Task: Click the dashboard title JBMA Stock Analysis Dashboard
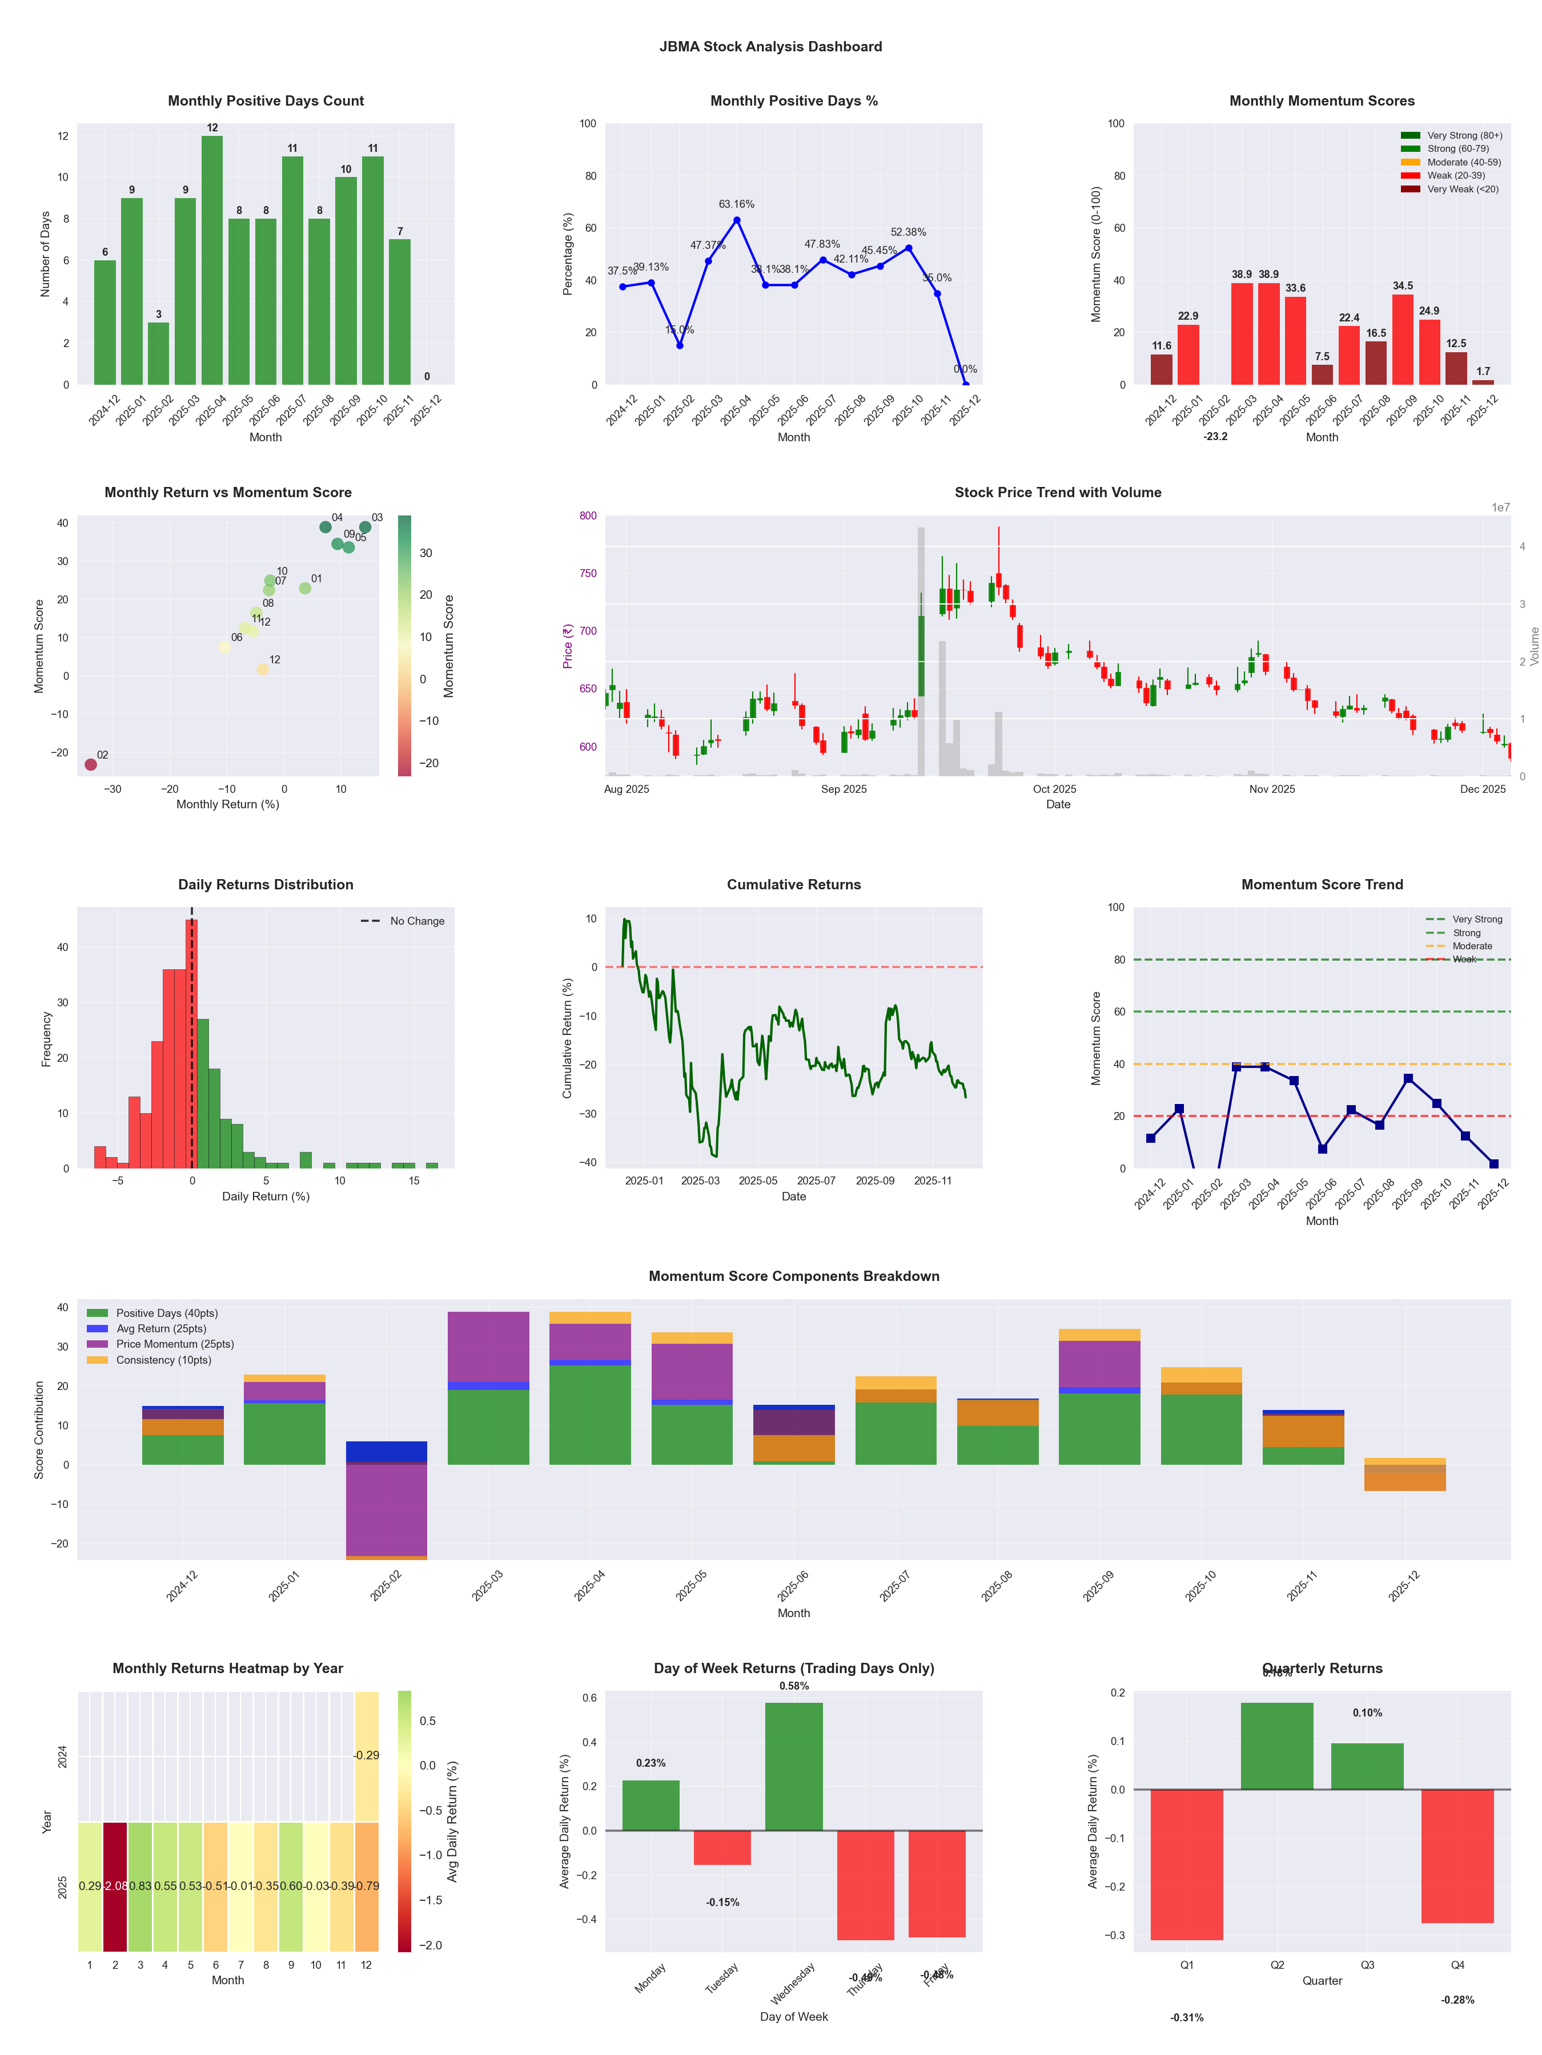pyautogui.click(x=770, y=46)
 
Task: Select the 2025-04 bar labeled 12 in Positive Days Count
pyautogui.click(x=212, y=260)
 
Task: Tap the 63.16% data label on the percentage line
pyautogui.click(x=736, y=204)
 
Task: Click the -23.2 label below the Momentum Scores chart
pyautogui.click(x=1215, y=437)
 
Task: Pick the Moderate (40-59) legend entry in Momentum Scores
pyautogui.click(x=1463, y=163)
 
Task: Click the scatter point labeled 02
pyautogui.click(x=90, y=764)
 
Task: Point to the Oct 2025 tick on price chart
pyautogui.click(x=1054, y=789)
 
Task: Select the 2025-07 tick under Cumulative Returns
pyautogui.click(x=816, y=1181)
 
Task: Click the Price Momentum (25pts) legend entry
pyautogui.click(x=175, y=1344)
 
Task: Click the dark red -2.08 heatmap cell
pyautogui.click(x=115, y=1887)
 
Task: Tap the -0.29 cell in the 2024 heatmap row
pyautogui.click(x=366, y=1756)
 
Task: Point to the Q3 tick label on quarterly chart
pyautogui.click(x=1367, y=1965)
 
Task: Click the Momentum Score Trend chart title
pyautogui.click(x=1322, y=884)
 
